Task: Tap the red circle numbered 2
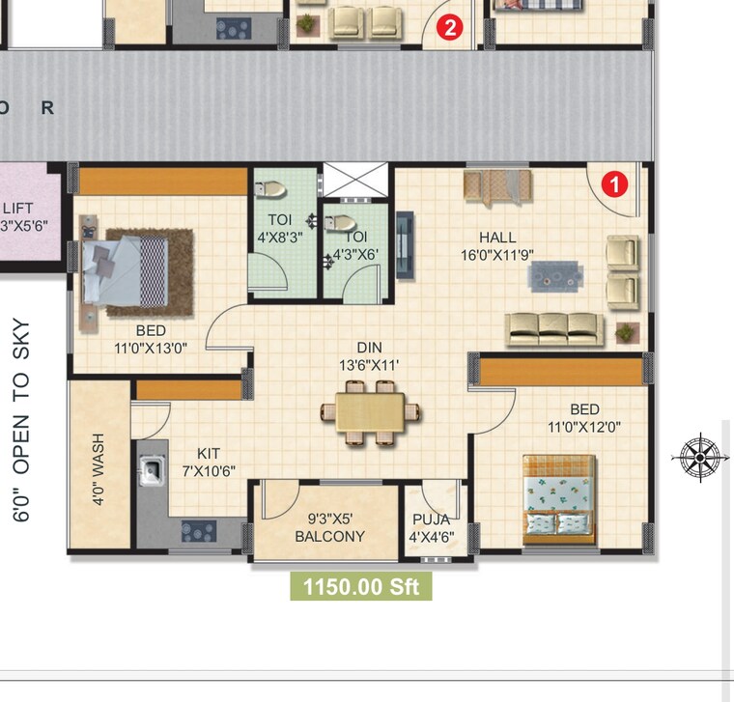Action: (x=448, y=27)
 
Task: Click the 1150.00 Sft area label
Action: (x=361, y=586)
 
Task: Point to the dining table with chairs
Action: (x=372, y=412)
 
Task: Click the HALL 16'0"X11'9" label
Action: (x=497, y=246)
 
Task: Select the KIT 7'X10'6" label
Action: (x=209, y=461)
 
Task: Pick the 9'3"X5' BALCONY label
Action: (x=329, y=527)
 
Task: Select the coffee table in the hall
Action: (x=555, y=276)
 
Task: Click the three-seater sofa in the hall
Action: (x=554, y=328)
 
